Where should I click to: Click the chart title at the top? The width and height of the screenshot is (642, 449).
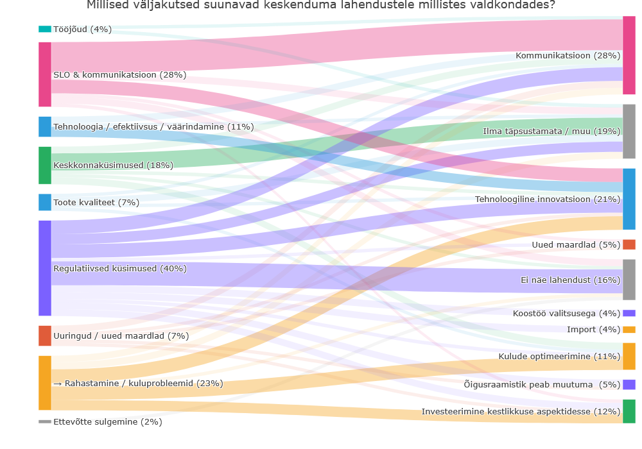(321, 6)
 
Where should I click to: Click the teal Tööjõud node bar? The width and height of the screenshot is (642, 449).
(45, 29)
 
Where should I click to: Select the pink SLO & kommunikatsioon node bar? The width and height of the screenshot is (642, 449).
(45, 74)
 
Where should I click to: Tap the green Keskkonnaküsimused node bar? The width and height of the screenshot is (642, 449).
(45, 165)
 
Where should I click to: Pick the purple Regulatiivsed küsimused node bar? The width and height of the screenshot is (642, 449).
(45, 268)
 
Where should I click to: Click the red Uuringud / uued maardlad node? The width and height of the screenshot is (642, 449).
(45, 335)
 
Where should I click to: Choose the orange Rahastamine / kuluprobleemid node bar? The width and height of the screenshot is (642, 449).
(45, 383)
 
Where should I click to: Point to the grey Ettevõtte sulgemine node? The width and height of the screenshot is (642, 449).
(45, 421)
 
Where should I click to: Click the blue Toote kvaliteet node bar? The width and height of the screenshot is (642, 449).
(45, 202)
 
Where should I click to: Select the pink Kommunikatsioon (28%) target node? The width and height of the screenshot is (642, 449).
(629, 55)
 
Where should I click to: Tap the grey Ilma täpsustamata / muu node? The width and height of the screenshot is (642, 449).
(629, 131)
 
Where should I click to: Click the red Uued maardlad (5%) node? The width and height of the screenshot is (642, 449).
(629, 244)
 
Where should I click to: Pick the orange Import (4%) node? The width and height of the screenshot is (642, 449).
(629, 330)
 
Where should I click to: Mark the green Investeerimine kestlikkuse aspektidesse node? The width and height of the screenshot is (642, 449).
(629, 411)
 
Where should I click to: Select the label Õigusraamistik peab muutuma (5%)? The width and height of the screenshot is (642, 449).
(542, 384)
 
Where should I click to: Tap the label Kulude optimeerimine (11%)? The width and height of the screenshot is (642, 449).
(559, 357)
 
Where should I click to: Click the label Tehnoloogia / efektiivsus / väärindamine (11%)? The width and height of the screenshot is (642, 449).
(153, 127)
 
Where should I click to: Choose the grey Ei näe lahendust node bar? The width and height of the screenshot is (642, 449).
(629, 280)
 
